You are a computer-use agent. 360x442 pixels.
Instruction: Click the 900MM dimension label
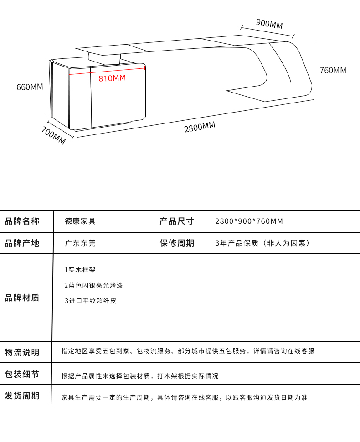pos(269,24)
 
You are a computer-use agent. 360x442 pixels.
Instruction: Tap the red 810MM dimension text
pos(112,78)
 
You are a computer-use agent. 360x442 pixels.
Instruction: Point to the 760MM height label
pos(333,70)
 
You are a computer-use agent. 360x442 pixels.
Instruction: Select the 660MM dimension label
pos(30,87)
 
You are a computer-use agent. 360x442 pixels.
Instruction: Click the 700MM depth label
pos(54,136)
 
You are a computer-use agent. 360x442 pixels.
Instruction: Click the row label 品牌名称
pos(22,221)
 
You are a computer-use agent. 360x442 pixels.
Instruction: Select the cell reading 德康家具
pos(81,221)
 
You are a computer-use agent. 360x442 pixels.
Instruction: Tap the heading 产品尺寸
pos(177,221)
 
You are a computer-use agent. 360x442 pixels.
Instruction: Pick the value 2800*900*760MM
pos(249,221)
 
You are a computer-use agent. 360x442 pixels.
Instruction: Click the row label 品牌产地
pos(22,243)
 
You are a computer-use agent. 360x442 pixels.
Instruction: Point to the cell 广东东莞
pos(81,243)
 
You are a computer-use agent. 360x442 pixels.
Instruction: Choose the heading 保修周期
pos(177,243)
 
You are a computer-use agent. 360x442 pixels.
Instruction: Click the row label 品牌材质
pos(22,298)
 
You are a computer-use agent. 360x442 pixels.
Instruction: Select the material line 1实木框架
pos(80,270)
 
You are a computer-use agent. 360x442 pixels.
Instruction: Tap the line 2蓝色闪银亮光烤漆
pos(93,285)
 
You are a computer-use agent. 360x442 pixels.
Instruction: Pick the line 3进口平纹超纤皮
pos(90,301)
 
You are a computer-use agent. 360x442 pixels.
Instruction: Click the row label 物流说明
pos(22,352)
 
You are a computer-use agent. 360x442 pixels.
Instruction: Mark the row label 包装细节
pos(22,375)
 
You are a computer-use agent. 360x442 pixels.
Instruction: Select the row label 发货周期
pos(22,396)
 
